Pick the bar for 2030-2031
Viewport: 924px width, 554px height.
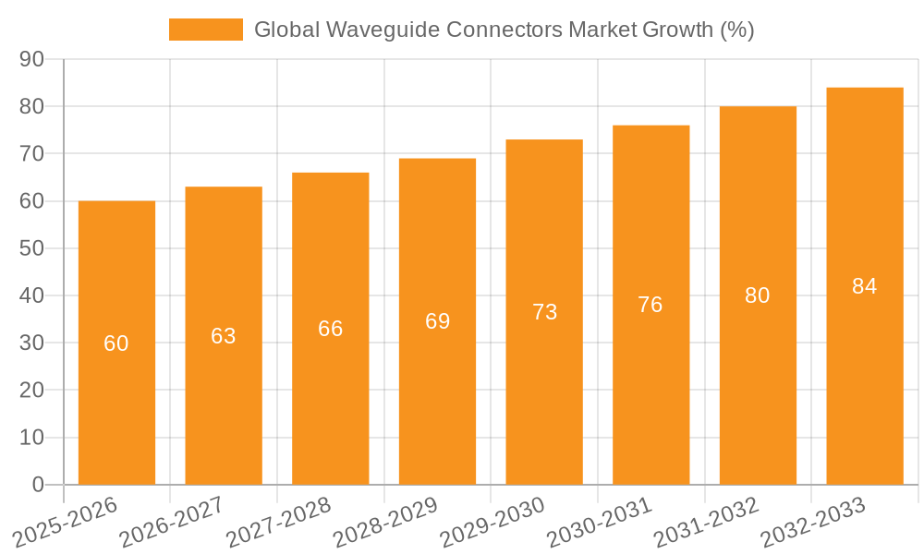pos(650,388)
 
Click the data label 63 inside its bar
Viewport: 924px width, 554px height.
pos(224,336)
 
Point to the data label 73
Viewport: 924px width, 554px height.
pos(545,312)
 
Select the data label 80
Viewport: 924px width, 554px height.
pos(758,295)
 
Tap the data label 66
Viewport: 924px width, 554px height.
pos(331,329)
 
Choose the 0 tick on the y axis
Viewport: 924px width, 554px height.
pos(38,485)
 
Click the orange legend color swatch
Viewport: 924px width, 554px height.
pos(205,30)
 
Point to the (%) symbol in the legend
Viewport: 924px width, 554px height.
pos(737,30)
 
